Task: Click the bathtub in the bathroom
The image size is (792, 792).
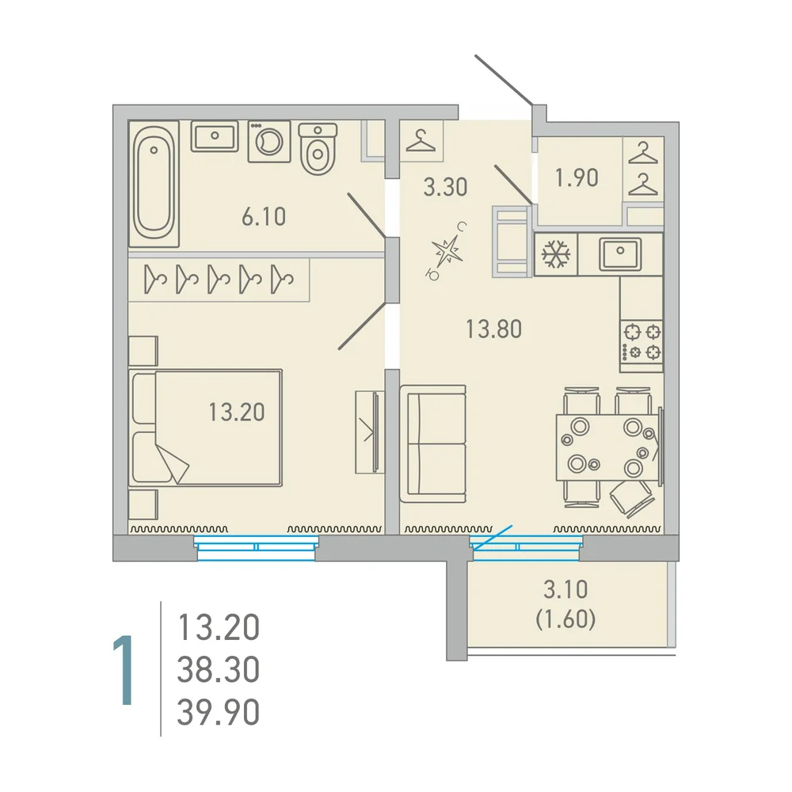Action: click(x=154, y=184)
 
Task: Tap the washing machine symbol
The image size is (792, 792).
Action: click(x=269, y=142)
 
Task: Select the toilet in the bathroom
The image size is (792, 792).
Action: click(x=318, y=149)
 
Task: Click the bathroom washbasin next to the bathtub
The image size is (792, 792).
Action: click(x=215, y=136)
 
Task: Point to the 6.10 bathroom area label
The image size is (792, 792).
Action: click(x=264, y=217)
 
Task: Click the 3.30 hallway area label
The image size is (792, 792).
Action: click(x=445, y=187)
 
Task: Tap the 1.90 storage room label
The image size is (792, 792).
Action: click(x=577, y=177)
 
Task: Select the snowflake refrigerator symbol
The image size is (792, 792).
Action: click(x=556, y=254)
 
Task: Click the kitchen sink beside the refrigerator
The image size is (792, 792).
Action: click(x=620, y=254)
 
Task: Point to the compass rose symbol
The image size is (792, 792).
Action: click(x=446, y=251)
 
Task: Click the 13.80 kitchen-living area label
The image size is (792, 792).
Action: click(x=493, y=329)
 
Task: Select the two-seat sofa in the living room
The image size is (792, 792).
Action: click(x=433, y=444)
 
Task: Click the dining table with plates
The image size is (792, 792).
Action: click(x=607, y=447)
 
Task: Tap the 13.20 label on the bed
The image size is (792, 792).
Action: click(x=236, y=412)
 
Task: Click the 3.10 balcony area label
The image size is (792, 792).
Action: click(x=565, y=589)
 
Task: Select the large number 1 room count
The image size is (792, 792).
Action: click(x=124, y=670)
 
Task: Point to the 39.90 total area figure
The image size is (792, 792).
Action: click(x=219, y=712)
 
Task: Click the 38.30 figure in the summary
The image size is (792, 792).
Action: click(x=219, y=669)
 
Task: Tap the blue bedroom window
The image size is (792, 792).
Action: click(x=256, y=549)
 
